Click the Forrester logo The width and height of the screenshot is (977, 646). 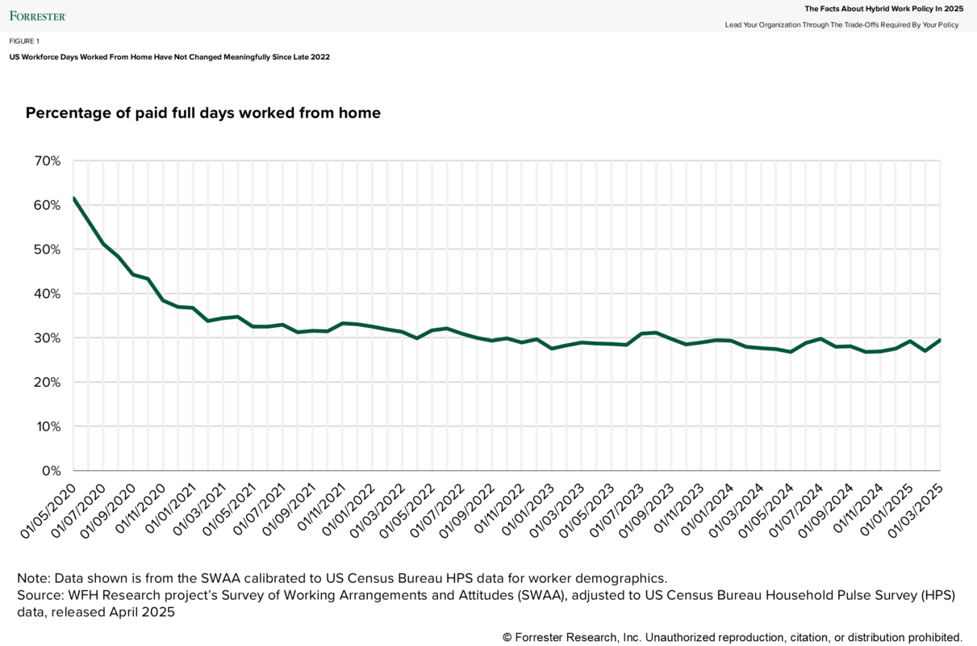pyautogui.click(x=38, y=15)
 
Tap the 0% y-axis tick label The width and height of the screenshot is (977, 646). pyautogui.click(x=52, y=471)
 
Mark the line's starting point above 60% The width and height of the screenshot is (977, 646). pyautogui.click(x=73, y=198)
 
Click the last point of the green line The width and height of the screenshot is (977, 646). pyautogui.click(x=940, y=340)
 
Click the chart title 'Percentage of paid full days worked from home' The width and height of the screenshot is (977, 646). pyautogui.click(x=203, y=113)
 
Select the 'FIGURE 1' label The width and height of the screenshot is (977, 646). pyautogui.click(x=24, y=41)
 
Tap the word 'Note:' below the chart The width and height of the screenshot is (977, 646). pyautogui.click(x=35, y=578)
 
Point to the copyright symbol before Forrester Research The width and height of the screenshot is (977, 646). pyautogui.click(x=507, y=637)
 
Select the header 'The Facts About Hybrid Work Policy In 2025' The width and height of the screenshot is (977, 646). pyautogui.click(x=884, y=9)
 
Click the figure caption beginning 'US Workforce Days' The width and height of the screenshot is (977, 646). pyautogui.click(x=169, y=57)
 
